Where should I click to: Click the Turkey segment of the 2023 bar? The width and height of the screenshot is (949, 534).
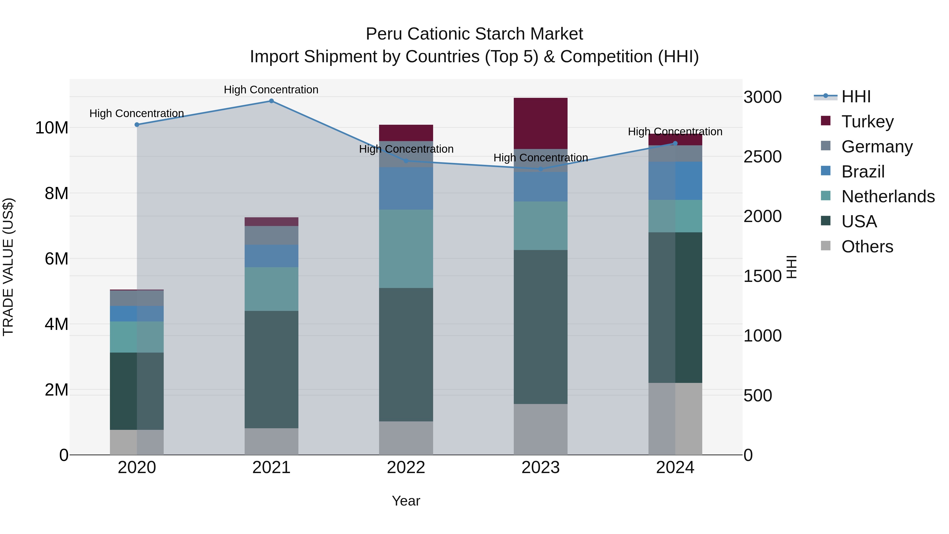coord(540,123)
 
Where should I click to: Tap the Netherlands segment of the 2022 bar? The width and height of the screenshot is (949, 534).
coord(406,249)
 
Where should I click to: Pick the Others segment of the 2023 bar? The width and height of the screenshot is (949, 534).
coord(540,429)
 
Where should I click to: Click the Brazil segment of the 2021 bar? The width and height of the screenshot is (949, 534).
coord(271,256)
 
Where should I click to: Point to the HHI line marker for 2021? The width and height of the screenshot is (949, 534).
coord(271,101)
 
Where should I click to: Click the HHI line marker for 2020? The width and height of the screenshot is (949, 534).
coord(137,124)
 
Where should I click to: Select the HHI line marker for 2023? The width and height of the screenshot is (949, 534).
coord(540,169)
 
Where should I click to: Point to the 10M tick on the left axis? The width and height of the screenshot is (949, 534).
coord(52,128)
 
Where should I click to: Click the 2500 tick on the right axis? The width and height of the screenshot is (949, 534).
coord(762,157)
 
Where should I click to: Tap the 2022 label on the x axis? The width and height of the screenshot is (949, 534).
coord(406,468)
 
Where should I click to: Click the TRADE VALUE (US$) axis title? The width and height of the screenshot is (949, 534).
coord(8,267)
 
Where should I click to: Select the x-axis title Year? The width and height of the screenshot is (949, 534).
coord(406,501)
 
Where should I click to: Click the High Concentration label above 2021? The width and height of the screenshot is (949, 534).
coord(271,90)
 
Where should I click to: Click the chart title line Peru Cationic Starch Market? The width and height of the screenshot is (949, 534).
coord(474,34)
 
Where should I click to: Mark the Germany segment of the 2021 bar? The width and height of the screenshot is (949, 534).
coord(271,235)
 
